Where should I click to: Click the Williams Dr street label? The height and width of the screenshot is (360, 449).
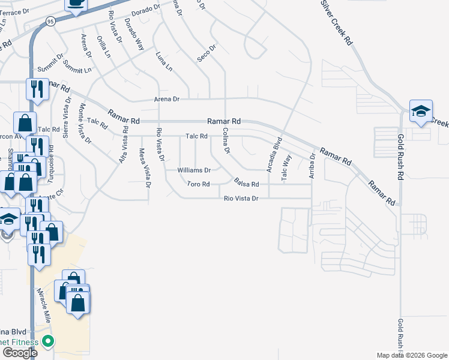point(194,170)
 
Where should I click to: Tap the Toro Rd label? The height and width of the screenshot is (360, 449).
point(198,184)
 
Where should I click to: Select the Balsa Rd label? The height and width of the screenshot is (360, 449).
point(247,184)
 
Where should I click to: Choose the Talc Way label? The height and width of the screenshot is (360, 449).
point(287,168)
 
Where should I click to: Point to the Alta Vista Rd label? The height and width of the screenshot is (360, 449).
point(123,144)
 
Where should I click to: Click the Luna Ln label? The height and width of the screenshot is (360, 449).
point(160,61)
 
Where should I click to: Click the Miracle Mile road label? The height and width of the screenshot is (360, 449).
point(48,305)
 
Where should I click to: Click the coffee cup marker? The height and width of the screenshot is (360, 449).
point(76,4)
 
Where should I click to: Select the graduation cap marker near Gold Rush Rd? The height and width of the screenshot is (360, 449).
point(421,112)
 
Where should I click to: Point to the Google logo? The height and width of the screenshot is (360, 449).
point(19,353)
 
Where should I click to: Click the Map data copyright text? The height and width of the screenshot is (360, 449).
point(412,355)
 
